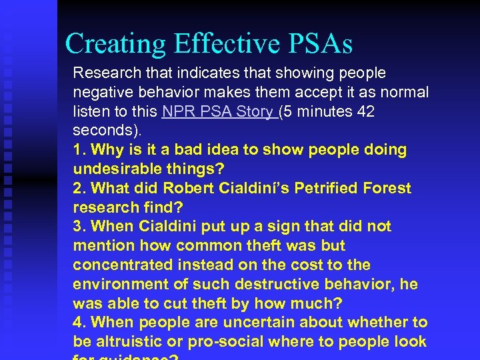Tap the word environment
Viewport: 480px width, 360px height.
117,285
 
